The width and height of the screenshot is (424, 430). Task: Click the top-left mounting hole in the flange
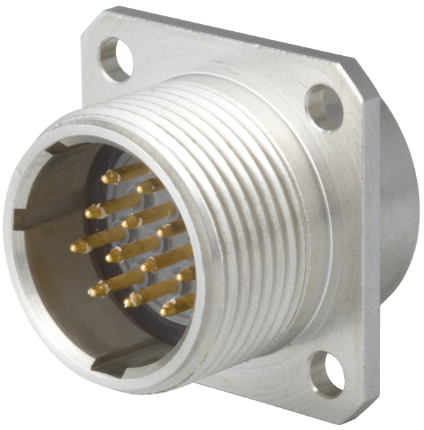(115, 59)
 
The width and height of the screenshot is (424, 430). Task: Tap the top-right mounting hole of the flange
(324, 107)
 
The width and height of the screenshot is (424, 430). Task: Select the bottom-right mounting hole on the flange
(328, 373)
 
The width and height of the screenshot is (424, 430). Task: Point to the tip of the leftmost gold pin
(76, 248)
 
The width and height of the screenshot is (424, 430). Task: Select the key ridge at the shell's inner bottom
(113, 361)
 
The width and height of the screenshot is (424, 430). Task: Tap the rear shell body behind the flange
(400, 212)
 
